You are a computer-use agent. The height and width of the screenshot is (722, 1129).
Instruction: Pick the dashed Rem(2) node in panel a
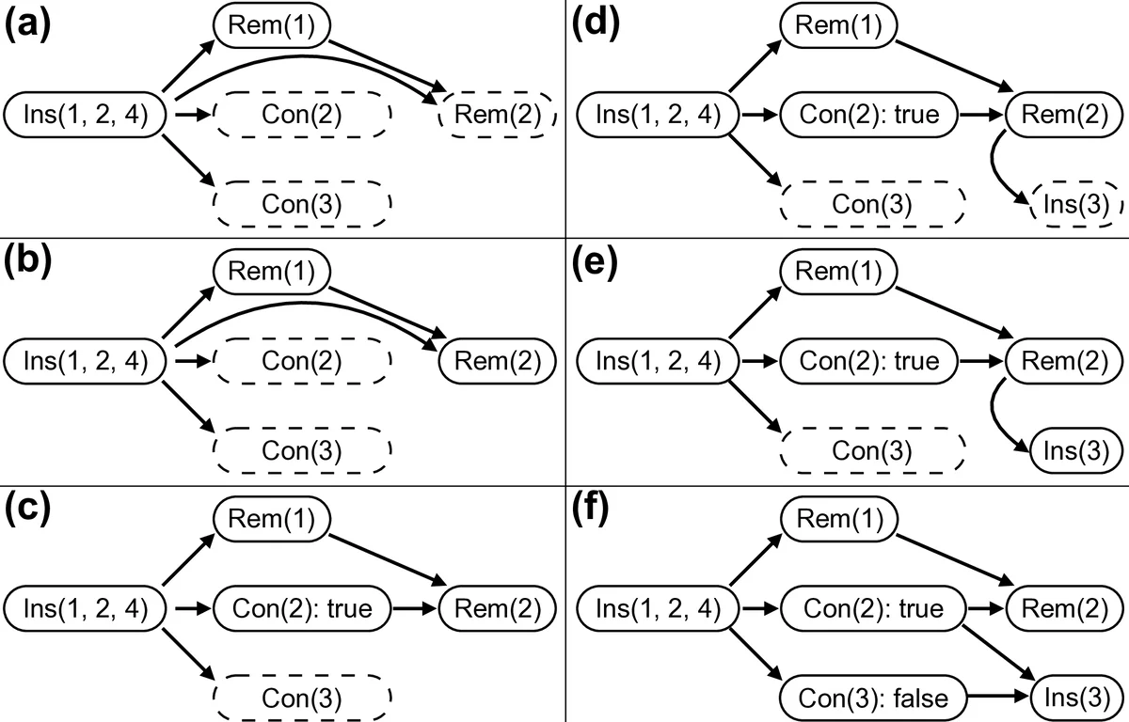tap(498, 116)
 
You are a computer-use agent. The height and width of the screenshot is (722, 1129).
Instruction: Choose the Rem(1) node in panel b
tap(273, 271)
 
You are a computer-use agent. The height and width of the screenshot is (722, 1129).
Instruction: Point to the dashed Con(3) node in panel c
tap(302, 697)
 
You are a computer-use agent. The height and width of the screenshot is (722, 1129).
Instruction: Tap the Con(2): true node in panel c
tap(302, 608)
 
